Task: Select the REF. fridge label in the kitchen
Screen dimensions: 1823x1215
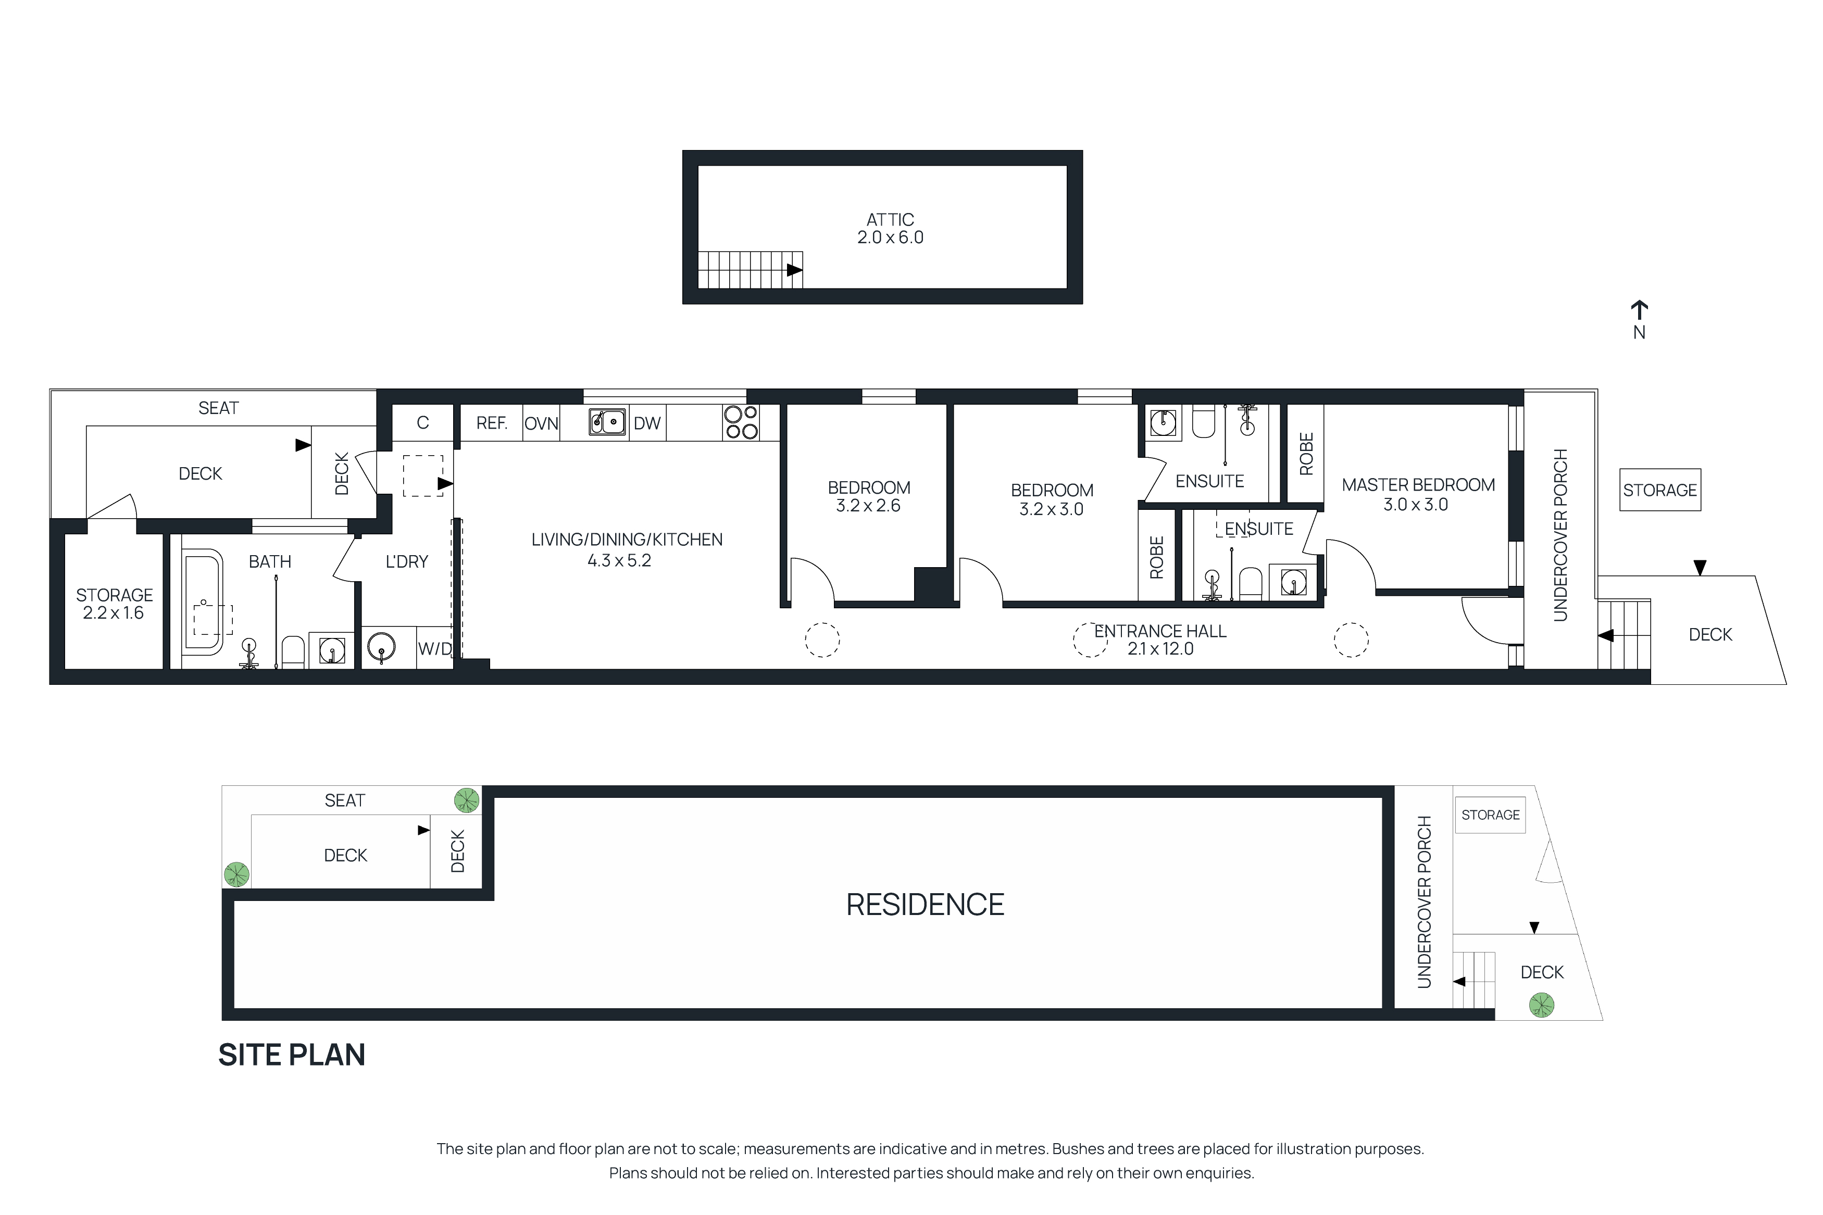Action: coord(491,423)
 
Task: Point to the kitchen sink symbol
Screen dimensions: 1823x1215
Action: coord(607,422)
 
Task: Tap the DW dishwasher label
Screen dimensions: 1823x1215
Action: coord(647,423)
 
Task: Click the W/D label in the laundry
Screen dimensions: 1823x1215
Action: coord(434,648)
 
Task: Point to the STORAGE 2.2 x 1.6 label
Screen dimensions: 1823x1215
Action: coord(114,604)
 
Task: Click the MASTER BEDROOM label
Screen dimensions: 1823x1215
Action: coord(1418,485)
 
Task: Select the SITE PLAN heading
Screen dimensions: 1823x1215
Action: coord(291,1055)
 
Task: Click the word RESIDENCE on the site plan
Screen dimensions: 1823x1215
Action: coord(925,904)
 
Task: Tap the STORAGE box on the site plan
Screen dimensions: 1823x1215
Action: coord(1490,815)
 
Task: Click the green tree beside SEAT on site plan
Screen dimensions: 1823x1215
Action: coord(466,799)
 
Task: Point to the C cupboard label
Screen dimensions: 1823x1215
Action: coord(422,423)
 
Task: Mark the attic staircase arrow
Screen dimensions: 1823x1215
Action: coord(794,270)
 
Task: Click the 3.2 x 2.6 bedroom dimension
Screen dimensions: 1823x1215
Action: coord(868,506)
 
